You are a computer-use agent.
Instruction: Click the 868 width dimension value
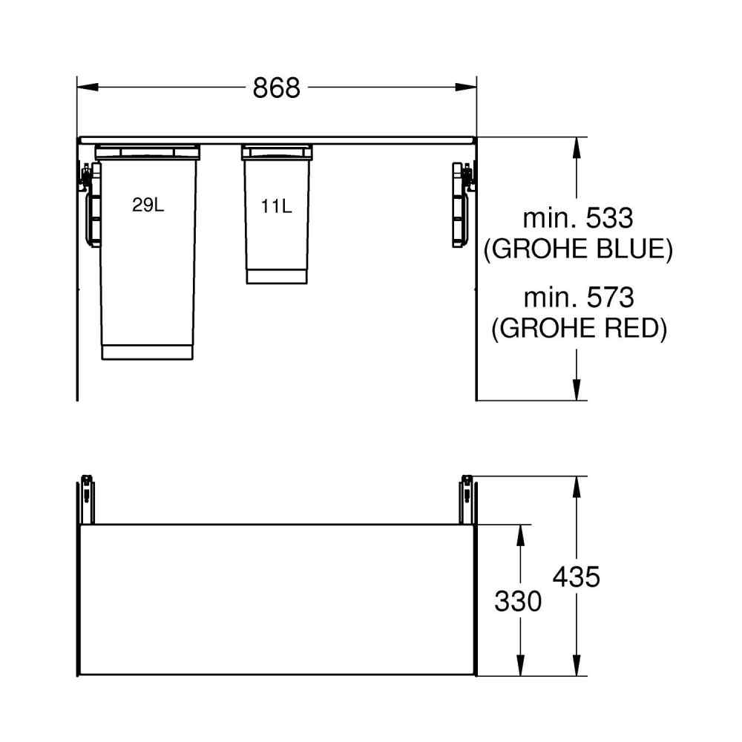tap(276, 88)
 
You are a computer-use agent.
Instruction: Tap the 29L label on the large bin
tap(148, 205)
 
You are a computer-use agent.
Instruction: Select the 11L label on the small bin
tap(276, 206)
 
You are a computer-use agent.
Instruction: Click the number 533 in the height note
tap(609, 218)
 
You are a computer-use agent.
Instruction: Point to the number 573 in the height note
tap(611, 298)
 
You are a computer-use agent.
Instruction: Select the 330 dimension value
tap(518, 602)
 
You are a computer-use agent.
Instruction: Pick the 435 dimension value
tap(577, 577)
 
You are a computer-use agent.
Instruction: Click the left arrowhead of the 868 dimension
tap(88, 87)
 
